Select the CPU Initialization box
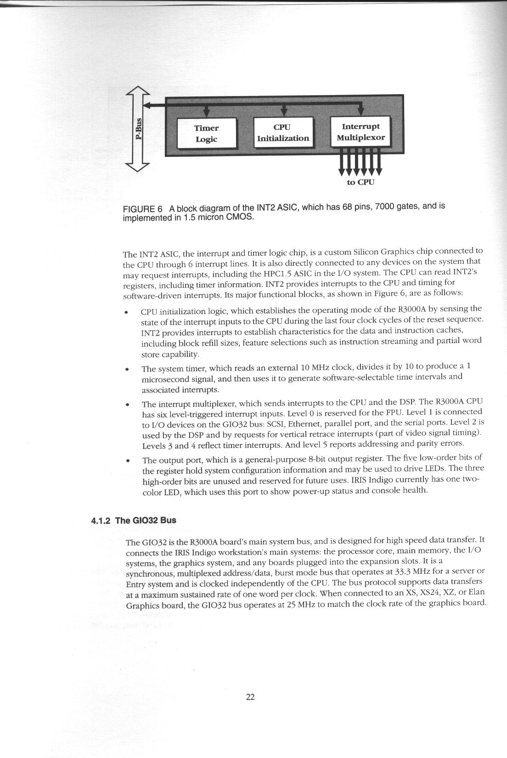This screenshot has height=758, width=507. [283, 133]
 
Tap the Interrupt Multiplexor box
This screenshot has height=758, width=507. [361, 132]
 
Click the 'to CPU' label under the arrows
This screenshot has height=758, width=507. [361, 182]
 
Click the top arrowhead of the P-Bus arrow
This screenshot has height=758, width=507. [139, 92]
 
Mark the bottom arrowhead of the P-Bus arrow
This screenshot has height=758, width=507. [139, 166]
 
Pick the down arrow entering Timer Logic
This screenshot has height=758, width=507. [206, 111]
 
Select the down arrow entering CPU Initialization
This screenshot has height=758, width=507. [284, 111]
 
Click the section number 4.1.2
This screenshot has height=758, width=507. [101, 521]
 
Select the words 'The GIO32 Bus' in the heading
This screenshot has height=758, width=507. [146, 520]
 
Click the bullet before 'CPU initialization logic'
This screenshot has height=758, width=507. [126, 313]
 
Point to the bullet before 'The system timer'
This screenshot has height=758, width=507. [126, 369]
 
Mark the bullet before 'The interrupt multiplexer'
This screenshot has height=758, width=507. [126, 405]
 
